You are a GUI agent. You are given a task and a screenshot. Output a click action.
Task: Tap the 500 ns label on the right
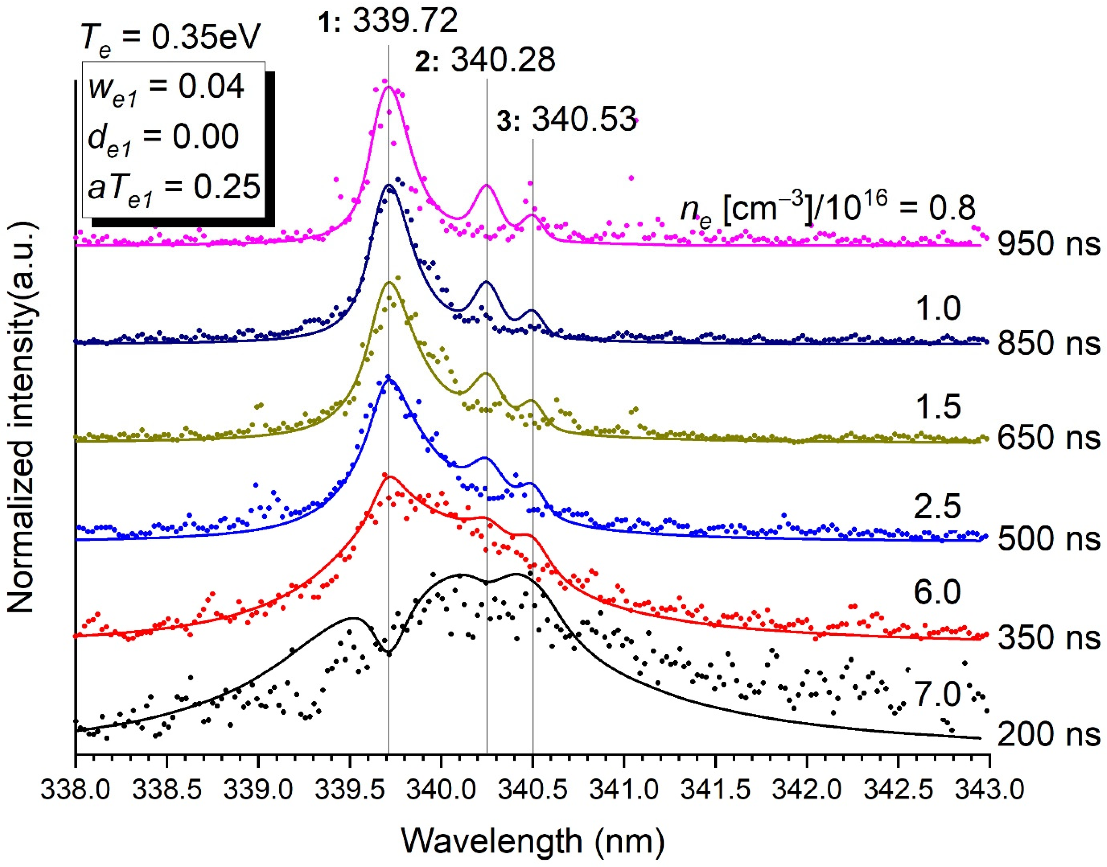coord(1049,539)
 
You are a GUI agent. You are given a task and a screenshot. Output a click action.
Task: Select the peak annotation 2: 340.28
coord(485,61)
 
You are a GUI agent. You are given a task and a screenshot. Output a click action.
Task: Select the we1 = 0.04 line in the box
coord(165,87)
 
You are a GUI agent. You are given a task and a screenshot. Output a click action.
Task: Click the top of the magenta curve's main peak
coord(389,87)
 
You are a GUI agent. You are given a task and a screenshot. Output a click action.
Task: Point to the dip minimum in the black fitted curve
coord(388,652)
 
